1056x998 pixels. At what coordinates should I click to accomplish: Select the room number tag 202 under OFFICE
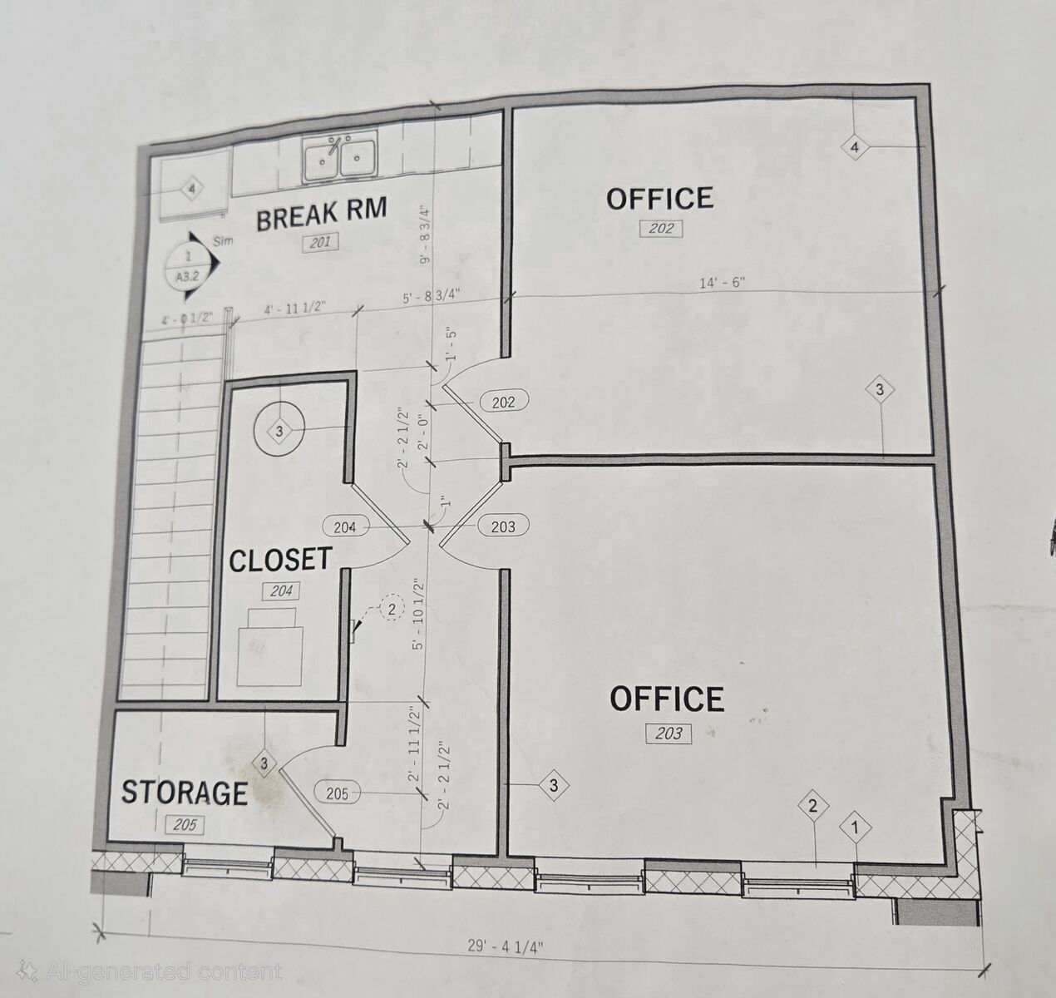pos(662,229)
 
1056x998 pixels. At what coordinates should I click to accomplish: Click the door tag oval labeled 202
pos(504,403)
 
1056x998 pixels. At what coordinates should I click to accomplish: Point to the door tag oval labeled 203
pos(503,526)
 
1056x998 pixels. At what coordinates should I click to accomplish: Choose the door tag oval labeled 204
pos(344,527)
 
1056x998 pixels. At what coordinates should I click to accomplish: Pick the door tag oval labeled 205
pos(337,794)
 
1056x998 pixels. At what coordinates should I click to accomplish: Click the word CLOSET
pos(280,560)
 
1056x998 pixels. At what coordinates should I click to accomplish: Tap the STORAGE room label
pos(185,793)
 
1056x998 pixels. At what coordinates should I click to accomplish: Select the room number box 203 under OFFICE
pos(669,733)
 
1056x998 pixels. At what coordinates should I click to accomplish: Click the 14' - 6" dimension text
pos(723,283)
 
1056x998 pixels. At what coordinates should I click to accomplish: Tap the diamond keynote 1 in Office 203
pos(856,828)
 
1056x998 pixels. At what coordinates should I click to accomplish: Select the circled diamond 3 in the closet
pos(279,431)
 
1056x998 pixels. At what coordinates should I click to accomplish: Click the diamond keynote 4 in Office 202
pos(856,148)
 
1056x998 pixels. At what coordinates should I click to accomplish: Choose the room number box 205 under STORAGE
pos(185,825)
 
